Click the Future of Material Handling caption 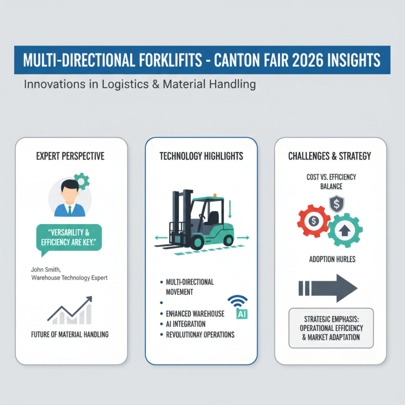(70, 334)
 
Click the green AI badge (241, 314)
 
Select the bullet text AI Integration (186, 324)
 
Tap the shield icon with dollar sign (335, 204)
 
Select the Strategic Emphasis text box (331, 328)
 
